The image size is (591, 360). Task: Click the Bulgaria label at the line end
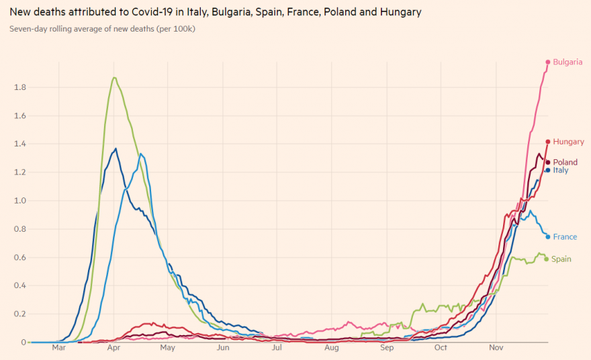567,62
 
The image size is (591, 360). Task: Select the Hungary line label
568,142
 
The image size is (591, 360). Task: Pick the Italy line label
560,171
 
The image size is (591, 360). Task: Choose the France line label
565,237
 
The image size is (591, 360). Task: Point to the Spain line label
561,259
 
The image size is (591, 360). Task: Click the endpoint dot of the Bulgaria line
548,62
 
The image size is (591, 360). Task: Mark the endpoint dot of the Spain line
547,259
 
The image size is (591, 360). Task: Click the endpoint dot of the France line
548,236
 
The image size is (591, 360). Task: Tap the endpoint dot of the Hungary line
548,142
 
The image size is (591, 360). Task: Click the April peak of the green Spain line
114,78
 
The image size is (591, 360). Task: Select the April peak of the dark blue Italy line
116,148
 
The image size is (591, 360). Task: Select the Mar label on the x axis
58,349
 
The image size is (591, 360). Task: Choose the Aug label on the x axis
331,349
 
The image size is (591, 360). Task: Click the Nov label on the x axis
496,349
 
